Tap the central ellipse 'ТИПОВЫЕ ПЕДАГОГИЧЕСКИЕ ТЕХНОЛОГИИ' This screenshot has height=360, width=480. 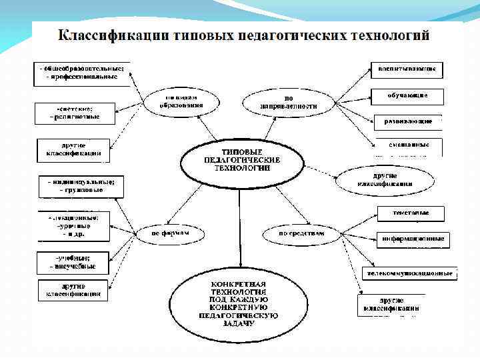click(x=242, y=161)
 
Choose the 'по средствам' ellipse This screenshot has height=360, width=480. click(x=301, y=233)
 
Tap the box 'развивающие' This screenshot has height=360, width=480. click(x=407, y=122)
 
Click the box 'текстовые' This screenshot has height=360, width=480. click(x=411, y=213)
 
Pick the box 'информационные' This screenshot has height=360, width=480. click(x=413, y=239)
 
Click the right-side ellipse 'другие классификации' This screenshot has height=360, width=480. click(x=385, y=179)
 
